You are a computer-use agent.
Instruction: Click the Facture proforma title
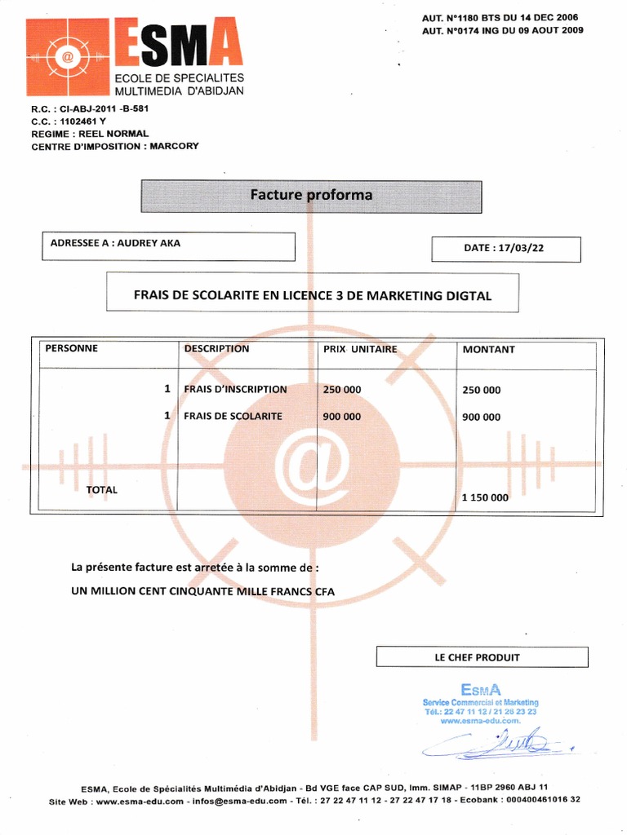(311, 195)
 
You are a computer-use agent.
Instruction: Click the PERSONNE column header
(71, 348)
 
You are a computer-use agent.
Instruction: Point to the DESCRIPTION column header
(216, 348)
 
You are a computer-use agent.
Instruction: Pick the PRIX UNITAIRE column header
(360, 349)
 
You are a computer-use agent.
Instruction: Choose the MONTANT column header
(488, 349)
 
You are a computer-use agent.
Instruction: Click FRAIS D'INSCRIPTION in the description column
(235, 390)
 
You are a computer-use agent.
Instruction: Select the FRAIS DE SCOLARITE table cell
(233, 416)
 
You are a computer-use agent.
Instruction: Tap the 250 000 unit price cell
(342, 390)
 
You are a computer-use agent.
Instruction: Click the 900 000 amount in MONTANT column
(481, 417)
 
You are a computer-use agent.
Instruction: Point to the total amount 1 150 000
(485, 497)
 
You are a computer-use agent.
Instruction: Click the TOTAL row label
(102, 490)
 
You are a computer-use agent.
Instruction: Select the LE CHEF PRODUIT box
(482, 657)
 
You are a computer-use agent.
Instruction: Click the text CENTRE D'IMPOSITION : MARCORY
(114, 146)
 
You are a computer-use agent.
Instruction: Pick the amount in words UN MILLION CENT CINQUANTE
(202, 591)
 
